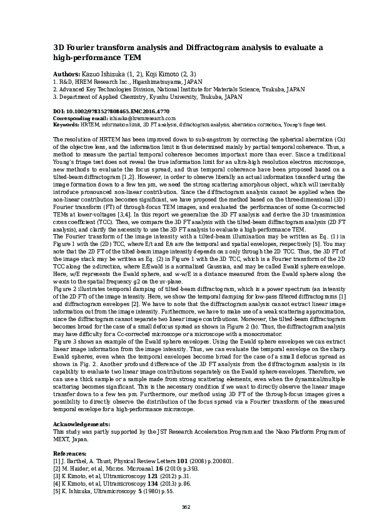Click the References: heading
(x=69, y=453)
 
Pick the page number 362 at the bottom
(x=186, y=507)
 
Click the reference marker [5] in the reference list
(x=58, y=492)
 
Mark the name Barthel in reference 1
(x=78, y=461)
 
